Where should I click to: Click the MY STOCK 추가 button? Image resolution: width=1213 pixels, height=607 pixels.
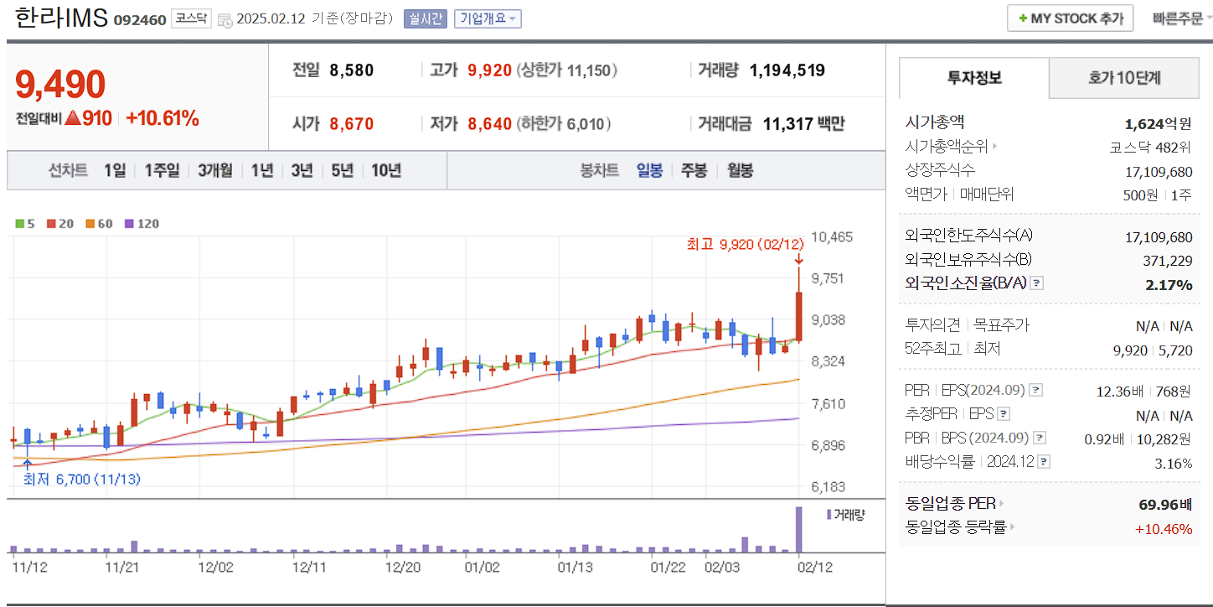[x=1070, y=18]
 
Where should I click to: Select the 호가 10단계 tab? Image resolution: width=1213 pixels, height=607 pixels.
[x=1124, y=78]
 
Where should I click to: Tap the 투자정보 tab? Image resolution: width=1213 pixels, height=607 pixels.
[x=974, y=78]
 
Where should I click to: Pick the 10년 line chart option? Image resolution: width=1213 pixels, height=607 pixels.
[x=385, y=170]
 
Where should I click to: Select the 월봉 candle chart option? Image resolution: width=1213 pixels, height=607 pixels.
[x=740, y=170]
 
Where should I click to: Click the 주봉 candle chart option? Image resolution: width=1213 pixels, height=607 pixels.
[x=694, y=170]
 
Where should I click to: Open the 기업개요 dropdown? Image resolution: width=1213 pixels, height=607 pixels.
[x=488, y=18]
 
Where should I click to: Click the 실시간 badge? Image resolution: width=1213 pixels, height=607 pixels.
[x=426, y=18]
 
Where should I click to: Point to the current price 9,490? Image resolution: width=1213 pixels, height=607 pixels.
[x=60, y=85]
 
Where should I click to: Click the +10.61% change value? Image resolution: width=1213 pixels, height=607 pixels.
[x=163, y=118]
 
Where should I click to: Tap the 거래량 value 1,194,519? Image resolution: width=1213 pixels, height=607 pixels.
[x=787, y=70]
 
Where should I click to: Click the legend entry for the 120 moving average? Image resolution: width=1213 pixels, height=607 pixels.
[x=142, y=224]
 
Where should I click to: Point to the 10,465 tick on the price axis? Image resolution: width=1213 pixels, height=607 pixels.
[x=832, y=236]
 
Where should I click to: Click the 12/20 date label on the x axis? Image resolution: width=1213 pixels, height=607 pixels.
[x=402, y=567]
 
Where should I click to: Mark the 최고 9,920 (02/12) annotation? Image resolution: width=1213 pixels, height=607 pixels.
[x=745, y=244]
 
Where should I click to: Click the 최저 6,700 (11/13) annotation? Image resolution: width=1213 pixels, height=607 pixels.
[x=81, y=479]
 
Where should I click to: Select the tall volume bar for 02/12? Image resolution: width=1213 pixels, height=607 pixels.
[x=799, y=529]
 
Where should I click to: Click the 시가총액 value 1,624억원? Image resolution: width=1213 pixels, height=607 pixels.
[x=1158, y=124]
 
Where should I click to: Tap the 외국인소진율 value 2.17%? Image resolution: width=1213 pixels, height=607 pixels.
[x=1169, y=285]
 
